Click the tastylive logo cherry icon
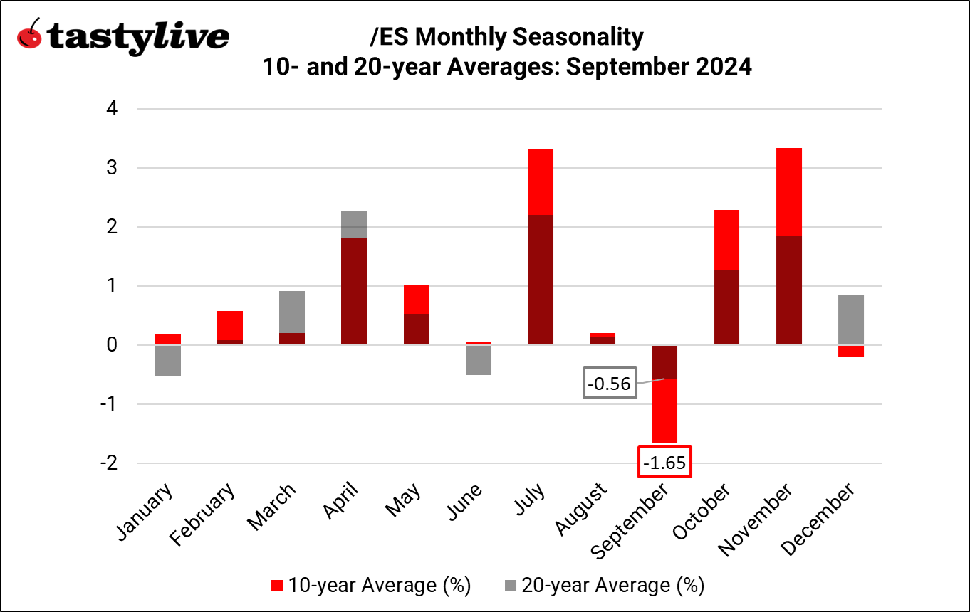(28, 35)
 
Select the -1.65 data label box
(665, 463)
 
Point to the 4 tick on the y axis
(112, 109)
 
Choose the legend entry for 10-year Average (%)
(370, 585)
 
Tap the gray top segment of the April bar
(353, 225)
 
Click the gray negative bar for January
(167, 360)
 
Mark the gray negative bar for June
(478, 360)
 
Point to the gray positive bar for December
(852, 320)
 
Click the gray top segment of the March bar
(291, 312)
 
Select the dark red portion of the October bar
(726, 307)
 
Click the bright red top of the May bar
(416, 300)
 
